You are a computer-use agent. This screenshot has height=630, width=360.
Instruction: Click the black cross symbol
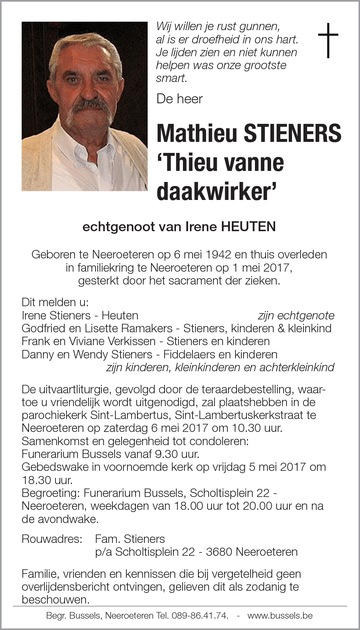[328, 40]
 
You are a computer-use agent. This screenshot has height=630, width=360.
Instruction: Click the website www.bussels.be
[280, 616]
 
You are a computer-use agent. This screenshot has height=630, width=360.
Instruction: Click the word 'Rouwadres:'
[52, 539]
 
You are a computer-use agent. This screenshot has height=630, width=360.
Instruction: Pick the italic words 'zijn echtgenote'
[296, 315]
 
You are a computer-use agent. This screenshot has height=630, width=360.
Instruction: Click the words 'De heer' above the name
[179, 99]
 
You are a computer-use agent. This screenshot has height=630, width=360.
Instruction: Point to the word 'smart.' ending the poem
[172, 78]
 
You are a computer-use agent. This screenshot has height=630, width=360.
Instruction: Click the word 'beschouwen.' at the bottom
[55, 599]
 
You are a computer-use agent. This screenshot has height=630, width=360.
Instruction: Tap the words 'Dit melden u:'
[55, 302]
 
